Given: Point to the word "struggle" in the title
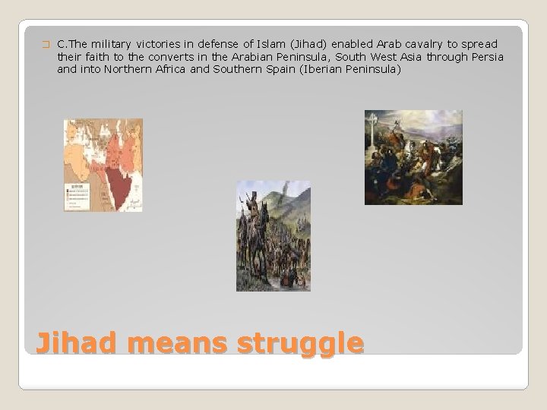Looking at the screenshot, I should tap(300, 343).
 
